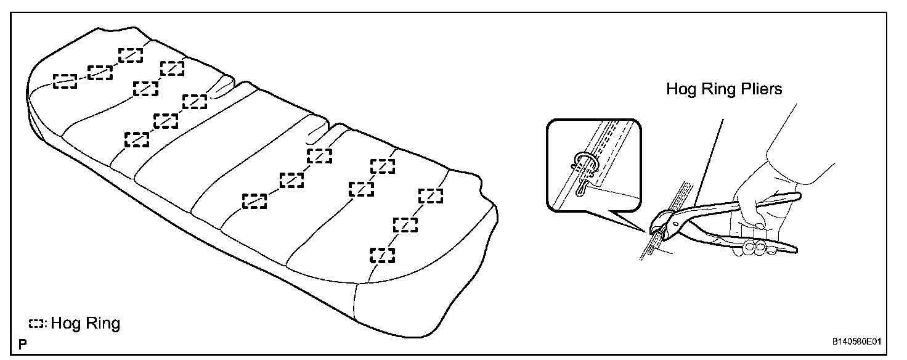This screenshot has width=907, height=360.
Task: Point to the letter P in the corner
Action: [23, 343]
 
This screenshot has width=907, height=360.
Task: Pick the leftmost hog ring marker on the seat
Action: [65, 81]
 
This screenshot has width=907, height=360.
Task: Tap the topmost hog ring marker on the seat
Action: [130, 55]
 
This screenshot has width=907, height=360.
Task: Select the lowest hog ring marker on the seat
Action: [382, 255]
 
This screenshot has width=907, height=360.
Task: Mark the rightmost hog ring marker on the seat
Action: [431, 195]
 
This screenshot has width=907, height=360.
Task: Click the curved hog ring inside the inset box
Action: [582, 162]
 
